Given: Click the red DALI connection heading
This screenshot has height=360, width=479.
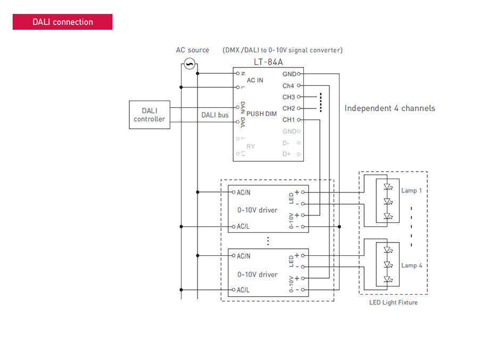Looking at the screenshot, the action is [x=62, y=22].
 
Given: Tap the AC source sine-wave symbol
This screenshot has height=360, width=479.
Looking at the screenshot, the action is [x=189, y=64].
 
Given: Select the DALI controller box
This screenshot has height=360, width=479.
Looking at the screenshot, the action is [x=150, y=115].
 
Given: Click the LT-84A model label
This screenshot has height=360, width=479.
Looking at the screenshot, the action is [x=268, y=62].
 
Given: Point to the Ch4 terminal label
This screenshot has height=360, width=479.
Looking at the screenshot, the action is [x=288, y=86].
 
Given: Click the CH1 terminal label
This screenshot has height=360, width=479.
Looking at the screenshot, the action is [x=288, y=120].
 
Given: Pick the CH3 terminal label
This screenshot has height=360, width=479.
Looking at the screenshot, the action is [x=288, y=97].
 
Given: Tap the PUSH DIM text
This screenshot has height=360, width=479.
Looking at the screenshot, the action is [x=261, y=114].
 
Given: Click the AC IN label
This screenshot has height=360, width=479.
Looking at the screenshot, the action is [x=255, y=80].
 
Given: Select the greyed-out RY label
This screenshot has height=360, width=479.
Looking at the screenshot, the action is [x=251, y=147].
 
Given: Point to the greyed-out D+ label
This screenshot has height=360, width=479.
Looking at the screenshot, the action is [x=286, y=154].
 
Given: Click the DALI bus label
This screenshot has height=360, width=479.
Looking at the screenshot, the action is [x=215, y=115].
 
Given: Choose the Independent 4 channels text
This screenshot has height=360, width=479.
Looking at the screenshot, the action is [x=390, y=108].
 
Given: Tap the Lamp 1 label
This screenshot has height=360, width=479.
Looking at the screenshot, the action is [x=411, y=190].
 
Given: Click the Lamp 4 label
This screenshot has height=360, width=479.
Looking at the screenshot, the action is [x=411, y=266].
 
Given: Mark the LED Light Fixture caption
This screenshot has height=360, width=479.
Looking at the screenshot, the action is [x=393, y=303].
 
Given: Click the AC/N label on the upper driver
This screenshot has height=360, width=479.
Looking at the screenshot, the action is [x=243, y=192].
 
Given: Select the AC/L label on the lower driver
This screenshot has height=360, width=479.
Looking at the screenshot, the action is [x=243, y=290].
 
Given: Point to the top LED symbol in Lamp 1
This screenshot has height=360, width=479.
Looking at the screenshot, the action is [x=388, y=187].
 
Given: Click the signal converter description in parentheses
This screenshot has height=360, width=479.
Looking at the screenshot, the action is [x=282, y=50].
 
